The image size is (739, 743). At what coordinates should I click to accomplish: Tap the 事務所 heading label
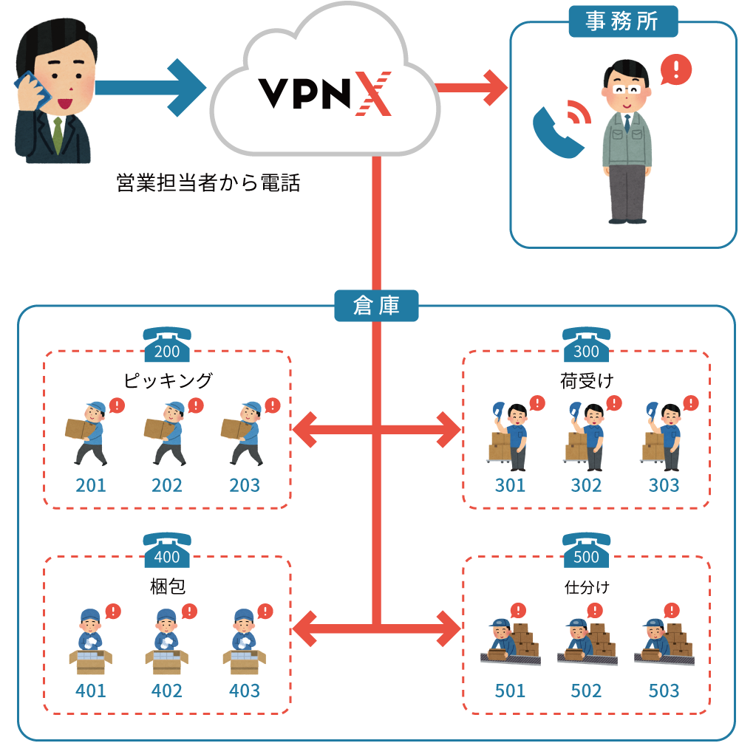[x=622, y=21]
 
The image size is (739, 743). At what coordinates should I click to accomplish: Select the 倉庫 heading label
[x=376, y=306]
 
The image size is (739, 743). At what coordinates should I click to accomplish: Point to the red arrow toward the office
[x=473, y=88]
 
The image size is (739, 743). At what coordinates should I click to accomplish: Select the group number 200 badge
[x=167, y=352]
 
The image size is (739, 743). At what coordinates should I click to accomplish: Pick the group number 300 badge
[x=586, y=352]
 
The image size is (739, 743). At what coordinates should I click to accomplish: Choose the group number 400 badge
[x=167, y=557]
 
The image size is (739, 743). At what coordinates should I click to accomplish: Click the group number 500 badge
[x=586, y=557]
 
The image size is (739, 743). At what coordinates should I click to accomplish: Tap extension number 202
[x=167, y=485]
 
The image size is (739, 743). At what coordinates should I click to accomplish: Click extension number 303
[x=664, y=485]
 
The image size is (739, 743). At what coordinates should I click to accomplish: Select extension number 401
[x=91, y=691]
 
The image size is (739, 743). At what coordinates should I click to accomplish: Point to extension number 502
[x=586, y=691]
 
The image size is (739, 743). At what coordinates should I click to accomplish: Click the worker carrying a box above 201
[x=89, y=433]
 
